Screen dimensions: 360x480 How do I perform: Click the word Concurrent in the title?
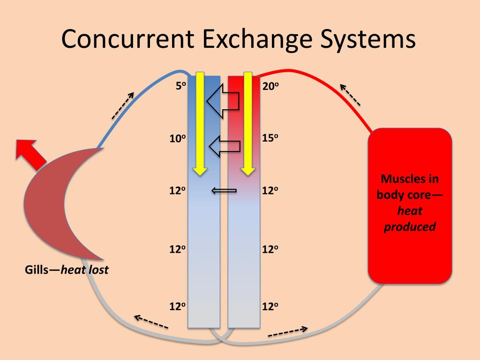click(128, 39)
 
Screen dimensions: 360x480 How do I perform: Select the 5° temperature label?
click(180, 86)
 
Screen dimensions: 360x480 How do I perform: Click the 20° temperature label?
click(271, 86)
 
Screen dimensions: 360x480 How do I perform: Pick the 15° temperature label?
click(271, 139)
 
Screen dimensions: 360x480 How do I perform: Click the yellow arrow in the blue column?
click(200, 124)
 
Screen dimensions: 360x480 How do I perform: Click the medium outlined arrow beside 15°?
click(225, 147)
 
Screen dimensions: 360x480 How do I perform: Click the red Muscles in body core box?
click(410, 205)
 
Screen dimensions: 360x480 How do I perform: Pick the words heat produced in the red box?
click(410, 219)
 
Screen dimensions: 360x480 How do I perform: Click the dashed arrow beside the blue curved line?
click(123, 105)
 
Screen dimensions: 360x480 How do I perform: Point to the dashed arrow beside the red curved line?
click(350, 94)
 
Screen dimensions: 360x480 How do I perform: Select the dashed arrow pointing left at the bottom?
click(151, 322)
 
